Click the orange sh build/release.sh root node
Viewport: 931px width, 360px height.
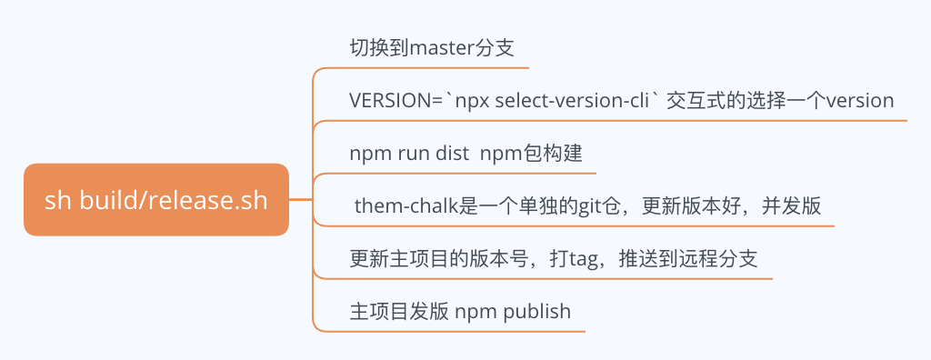pos(155,200)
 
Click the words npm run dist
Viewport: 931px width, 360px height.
pos(408,154)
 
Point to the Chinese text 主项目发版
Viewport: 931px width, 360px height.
pos(399,312)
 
